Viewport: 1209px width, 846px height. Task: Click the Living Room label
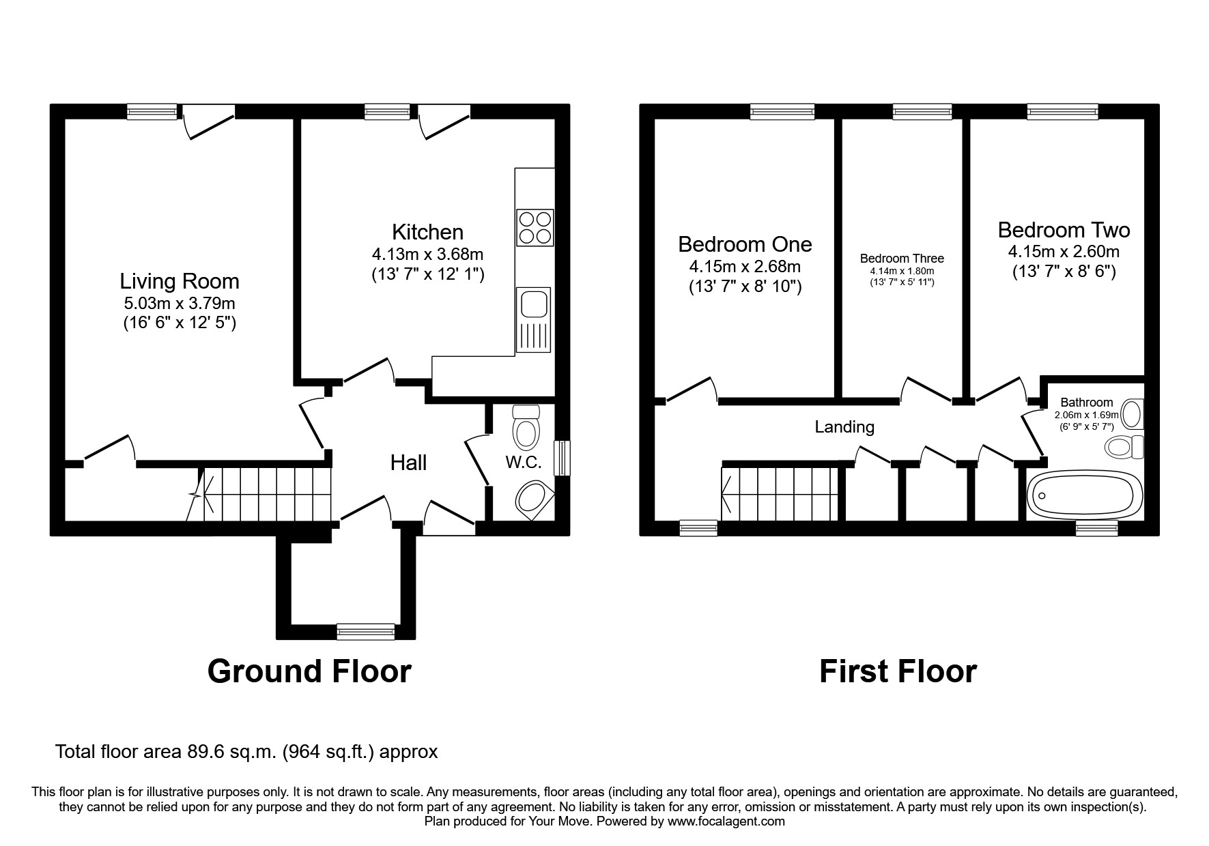point(180,281)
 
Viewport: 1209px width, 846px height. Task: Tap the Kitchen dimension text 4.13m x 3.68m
point(428,254)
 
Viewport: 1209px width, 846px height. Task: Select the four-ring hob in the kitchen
point(535,228)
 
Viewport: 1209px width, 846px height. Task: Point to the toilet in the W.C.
point(526,426)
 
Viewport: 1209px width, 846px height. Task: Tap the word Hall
point(408,463)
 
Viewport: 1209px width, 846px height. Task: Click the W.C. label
point(524,463)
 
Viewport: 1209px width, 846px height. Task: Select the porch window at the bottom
point(366,632)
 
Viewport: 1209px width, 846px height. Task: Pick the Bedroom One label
point(745,244)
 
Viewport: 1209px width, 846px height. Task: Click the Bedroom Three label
point(902,259)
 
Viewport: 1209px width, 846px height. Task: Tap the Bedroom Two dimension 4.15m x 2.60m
point(1064,252)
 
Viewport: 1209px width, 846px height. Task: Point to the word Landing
point(844,427)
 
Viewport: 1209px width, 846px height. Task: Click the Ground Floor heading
point(309,671)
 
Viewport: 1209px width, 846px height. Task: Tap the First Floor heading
point(898,671)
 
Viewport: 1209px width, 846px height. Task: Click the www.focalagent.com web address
point(726,821)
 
